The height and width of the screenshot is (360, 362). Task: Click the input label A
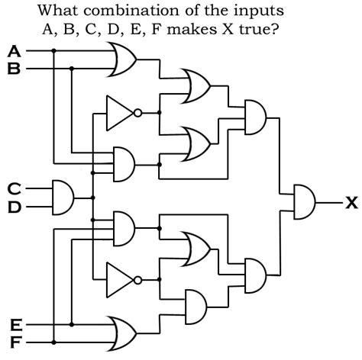[x=14, y=52]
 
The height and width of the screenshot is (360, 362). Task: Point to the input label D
[x=14, y=206]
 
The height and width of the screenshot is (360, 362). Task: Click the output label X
[x=351, y=203]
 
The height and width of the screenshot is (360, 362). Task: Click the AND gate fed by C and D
[x=62, y=197]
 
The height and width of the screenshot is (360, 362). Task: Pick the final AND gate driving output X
[x=305, y=202]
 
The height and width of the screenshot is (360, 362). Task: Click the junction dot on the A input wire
[x=54, y=52]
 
